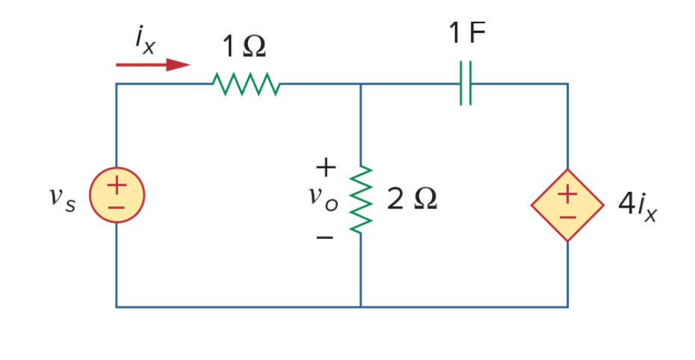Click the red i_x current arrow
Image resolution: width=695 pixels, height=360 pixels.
click(x=153, y=65)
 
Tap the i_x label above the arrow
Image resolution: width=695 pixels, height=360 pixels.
click(x=146, y=42)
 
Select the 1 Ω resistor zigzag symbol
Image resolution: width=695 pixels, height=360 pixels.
click(x=246, y=84)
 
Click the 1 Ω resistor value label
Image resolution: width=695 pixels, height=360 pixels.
click(x=244, y=46)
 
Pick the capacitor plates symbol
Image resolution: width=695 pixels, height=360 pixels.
click(x=466, y=83)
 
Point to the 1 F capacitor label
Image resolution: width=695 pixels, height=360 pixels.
click(x=467, y=32)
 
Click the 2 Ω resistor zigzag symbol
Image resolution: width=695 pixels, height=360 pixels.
click(x=361, y=199)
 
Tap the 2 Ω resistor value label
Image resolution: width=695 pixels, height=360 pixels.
click(x=412, y=199)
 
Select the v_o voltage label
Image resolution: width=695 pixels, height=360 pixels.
click(x=323, y=198)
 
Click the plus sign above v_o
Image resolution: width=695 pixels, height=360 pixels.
click(x=326, y=167)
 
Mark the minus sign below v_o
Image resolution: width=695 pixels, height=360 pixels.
click(x=324, y=238)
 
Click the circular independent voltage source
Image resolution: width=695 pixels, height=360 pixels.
click(x=117, y=195)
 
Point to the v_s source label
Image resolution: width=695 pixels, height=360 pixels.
click(x=62, y=199)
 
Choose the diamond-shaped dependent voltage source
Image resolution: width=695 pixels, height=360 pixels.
click(x=568, y=205)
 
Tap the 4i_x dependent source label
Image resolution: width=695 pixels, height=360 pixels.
click(x=637, y=205)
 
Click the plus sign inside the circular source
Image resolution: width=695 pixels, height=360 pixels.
click(x=117, y=185)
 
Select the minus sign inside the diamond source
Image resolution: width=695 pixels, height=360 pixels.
click(x=568, y=217)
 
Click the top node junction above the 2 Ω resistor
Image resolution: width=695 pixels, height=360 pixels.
click(x=361, y=84)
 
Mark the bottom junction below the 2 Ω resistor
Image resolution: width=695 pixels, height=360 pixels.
click(x=361, y=306)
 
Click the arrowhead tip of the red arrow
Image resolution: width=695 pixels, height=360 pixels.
click(x=190, y=65)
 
